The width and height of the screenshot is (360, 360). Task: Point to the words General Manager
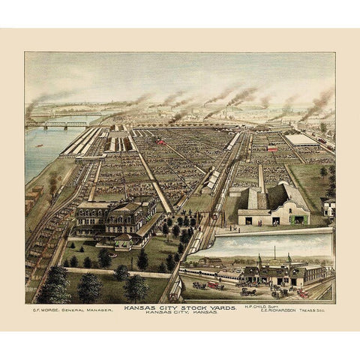pyautogui.click(x=85, y=308)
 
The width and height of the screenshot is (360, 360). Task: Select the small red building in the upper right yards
pyautogui.click(x=272, y=148)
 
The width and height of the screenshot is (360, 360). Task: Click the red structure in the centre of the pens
pyautogui.click(x=160, y=141)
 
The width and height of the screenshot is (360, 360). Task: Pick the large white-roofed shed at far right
pyautogui.click(x=302, y=140)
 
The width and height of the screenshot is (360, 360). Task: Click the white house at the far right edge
pyautogui.click(x=328, y=207)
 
